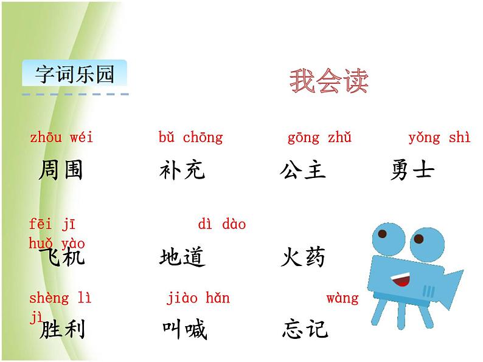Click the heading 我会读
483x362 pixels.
click(x=328, y=81)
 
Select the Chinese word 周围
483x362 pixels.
click(x=60, y=170)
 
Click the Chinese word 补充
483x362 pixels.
click(x=181, y=170)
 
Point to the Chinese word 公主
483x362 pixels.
click(x=303, y=170)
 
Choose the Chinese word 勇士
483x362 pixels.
click(x=412, y=170)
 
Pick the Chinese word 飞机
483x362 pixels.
click(x=61, y=257)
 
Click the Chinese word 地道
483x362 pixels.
click(x=181, y=257)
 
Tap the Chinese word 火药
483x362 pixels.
click(x=303, y=257)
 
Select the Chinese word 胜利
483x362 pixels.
click(x=61, y=330)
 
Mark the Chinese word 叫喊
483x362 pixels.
click(x=184, y=330)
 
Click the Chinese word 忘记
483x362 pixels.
click(x=305, y=329)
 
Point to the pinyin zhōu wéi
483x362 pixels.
click(x=61, y=137)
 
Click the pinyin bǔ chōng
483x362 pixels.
click(x=190, y=137)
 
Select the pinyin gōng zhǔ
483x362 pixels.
click(x=319, y=137)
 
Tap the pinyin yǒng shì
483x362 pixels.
click(x=439, y=137)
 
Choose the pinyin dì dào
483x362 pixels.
click(x=221, y=224)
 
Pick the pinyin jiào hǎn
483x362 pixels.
click(x=198, y=298)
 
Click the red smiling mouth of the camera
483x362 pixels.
click(x=400, y=280)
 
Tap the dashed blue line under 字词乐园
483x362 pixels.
click(x=75, y=94)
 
